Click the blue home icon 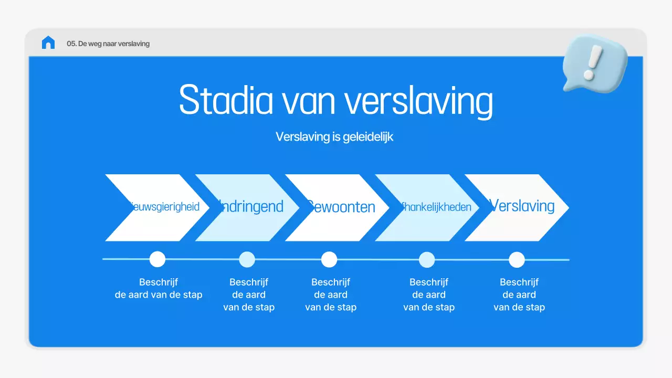click(48, 43)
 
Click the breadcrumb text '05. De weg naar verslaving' click(108, 44)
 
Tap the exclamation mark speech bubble click(594, 65)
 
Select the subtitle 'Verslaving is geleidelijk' click(334, 136)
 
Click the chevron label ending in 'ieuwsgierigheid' click(165, 206)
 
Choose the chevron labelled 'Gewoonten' click(341, 206)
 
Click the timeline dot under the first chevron click(157, 259)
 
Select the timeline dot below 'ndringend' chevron click(247, 259)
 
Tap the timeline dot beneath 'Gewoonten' click(329, 259)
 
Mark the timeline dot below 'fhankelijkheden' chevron click(427, 259)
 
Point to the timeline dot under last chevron click(517, 259)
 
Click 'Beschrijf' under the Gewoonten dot click(331, 282)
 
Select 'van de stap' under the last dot click(519, 307)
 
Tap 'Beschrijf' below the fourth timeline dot click(429, 282)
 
